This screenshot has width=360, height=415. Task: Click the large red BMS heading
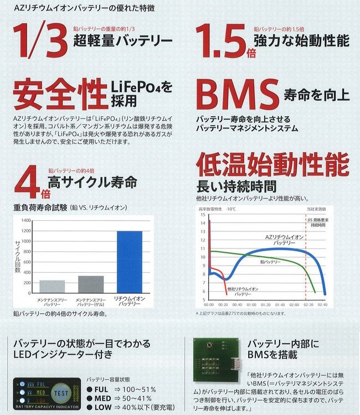pos(236,95)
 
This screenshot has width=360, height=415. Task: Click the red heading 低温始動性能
pos(272,165)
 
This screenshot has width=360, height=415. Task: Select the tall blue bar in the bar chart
pos(128,262)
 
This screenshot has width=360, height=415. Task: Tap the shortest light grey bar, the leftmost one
pos(52,286)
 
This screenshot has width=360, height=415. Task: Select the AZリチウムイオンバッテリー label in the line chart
pos(284,239)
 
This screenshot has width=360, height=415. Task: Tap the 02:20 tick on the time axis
pos(309,305)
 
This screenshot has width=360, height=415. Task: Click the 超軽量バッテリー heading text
pos(124,41)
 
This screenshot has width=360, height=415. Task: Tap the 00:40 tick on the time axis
pos(238,305)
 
